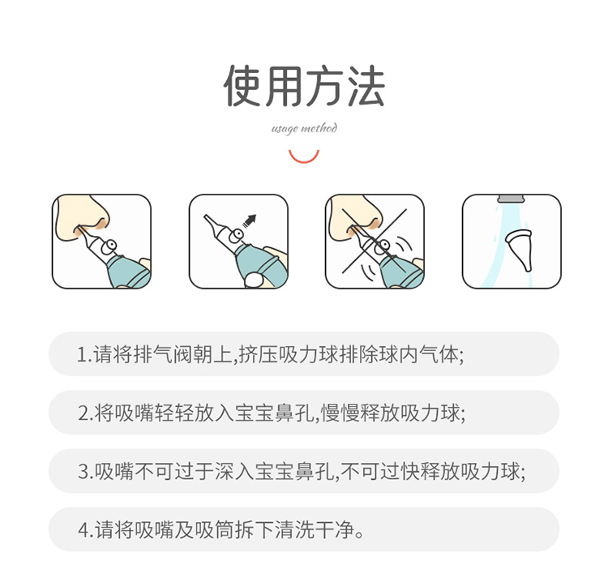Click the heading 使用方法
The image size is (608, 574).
point(304,86)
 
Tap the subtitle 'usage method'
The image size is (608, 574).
point(304,128)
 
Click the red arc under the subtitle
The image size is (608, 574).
point(304,159)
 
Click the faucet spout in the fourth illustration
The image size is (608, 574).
point(511,199)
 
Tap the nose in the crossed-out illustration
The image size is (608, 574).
point(355,217)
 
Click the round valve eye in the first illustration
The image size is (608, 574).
point(110,245)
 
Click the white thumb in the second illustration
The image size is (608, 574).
point(254,280)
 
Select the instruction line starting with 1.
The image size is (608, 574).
point(270,354)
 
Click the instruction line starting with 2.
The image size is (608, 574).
point(272,413)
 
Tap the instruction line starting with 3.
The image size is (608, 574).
point(302,471)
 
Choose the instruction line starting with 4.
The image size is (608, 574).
point(221,529)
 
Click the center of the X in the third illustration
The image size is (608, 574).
point(375,242)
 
